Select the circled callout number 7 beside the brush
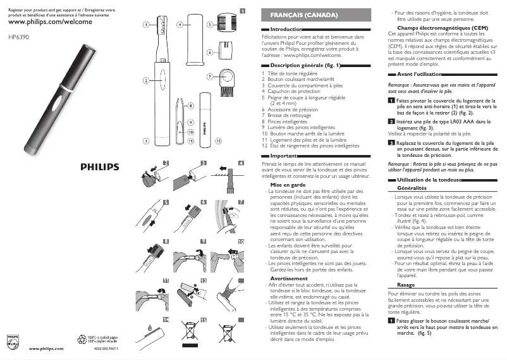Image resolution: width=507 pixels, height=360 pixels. [x=209, y=77]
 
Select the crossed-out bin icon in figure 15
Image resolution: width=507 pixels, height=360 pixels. [x=190, y=330]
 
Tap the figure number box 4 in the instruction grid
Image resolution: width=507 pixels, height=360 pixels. [x=241, y=163]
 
